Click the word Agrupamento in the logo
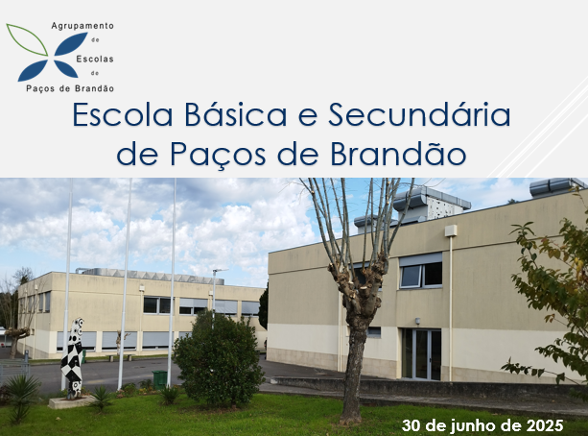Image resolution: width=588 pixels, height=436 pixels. tap(82, 26)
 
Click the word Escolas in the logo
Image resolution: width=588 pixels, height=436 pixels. tap(95, 59)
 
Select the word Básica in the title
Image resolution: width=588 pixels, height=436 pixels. tap(236, 114)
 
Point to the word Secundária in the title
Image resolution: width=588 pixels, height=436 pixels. tap(419, 114)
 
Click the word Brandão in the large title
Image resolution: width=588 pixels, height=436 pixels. tap(398, 154)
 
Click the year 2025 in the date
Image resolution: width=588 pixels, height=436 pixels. tap(545, 425)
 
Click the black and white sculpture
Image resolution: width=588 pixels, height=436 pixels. tap(74, 356)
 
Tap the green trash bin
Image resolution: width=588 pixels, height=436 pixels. tap(160, 379)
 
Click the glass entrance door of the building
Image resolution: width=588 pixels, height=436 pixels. tap(421, 353)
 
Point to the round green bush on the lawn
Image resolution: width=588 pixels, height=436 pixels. tap(219, 360)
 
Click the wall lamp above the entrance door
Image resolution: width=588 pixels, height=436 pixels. tap(417, 321)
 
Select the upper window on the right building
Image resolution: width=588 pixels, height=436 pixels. tap(421, 271)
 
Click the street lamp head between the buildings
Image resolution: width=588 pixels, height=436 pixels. tap(221, 270)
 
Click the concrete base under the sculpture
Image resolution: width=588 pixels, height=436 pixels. tap(71, 402)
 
